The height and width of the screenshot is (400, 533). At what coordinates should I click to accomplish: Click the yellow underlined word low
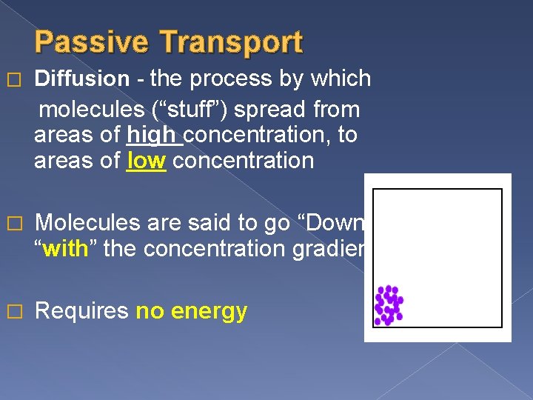click(x=146, y=161)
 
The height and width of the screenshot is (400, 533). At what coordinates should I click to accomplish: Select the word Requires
click(x=81, y=311)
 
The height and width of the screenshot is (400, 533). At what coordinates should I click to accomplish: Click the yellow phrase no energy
click(x=191, y=311)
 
